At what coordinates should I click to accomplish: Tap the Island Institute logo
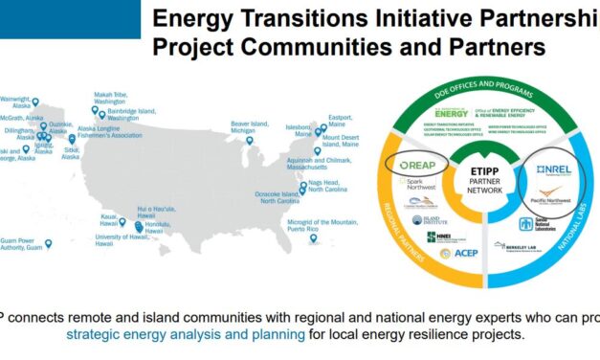point(428,219)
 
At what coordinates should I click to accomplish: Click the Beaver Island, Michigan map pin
point(250,141)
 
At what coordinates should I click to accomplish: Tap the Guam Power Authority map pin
point(49,244)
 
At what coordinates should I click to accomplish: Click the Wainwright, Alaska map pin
point(35,101)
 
